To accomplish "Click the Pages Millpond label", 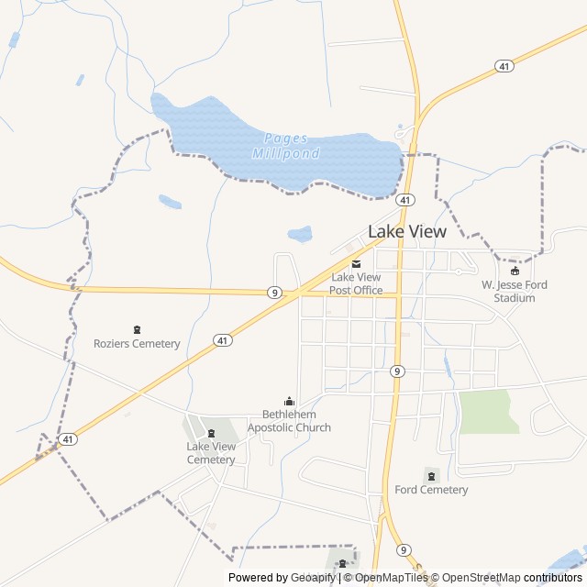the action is pyautogui.click(x=285, y=146).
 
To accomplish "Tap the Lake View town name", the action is pyautogui.click(x=406, y=232).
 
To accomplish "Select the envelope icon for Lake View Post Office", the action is pyautogui.click(x=357, y=263).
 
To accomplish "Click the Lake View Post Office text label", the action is pyautogui.click(x=357, y=283).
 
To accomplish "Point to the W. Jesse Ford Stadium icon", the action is pyautogui.click(x=515, y=271).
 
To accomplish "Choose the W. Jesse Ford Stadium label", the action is pyautogui.click(x=515, y=291).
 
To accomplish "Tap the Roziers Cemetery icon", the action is pyautogui.click(x=138, y=329).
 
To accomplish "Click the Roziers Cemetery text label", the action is pyautogui.click(x=137, y=344).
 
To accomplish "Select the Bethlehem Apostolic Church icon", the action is pyautogui.click(x=290, y=401).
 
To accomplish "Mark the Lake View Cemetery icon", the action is pyautogui.click(x=212, y=433).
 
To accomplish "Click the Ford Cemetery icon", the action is pyautogui.click(x=431, y=475).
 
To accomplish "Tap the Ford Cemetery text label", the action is pyautogui.click(x=431, y=490).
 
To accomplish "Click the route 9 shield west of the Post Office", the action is pyautogui.click(x=274, y=293).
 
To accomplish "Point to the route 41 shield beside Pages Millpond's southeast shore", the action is pyautogui.click(x=405, y=199).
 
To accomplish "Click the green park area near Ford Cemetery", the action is pyautogui.click(x=486, y=412).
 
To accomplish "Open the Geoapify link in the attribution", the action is pyautogui.click(x=314, y=578).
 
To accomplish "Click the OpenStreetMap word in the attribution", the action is pyautogui.click(x=483, y=578).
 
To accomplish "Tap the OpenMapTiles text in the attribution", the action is pyautogui.click(x=392, y=578).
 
